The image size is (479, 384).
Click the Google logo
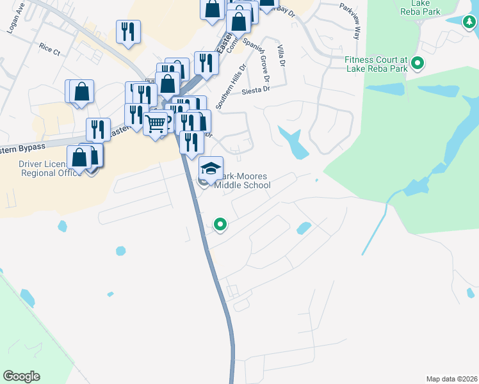tap(21, 376)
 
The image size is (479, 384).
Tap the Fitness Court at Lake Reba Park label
tap(377, 64)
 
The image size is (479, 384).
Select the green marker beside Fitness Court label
tap(418, 63)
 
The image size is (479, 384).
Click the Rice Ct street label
tap(49, 47)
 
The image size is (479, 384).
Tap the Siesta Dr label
tap(256, 91)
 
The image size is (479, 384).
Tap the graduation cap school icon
tap(211, 168)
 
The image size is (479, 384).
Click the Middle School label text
tap(242, 186)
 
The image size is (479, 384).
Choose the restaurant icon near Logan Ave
tap(128, 31)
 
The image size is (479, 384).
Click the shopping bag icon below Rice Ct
tap(82, 92)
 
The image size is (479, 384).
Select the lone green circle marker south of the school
tap(220, 225)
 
